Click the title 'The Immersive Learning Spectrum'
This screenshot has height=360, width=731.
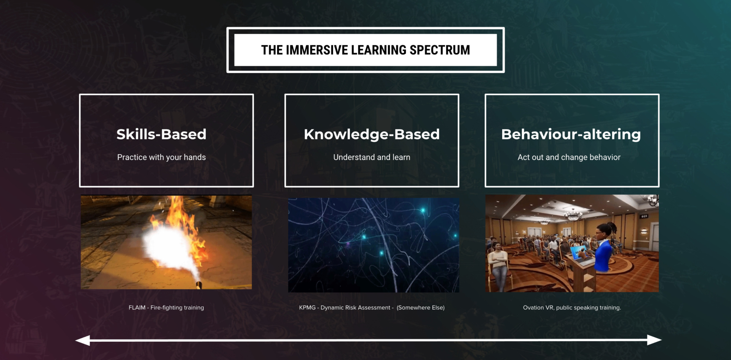365,50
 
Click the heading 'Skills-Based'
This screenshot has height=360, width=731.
161,134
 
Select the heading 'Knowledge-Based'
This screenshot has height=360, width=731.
372,134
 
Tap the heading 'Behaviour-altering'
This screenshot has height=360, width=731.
571,134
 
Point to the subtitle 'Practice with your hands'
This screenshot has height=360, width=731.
161,157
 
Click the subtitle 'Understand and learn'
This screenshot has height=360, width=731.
372,157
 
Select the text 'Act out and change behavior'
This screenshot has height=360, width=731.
569,157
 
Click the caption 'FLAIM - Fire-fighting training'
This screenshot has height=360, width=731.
166,307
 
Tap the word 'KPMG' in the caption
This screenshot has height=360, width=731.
307,307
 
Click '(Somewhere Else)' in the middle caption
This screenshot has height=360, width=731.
420,307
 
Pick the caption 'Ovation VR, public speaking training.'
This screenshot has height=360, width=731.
572,307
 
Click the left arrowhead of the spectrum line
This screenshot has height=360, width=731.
83,340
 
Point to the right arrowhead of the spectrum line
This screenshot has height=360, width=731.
654,340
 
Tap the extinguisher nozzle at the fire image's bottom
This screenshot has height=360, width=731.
198,284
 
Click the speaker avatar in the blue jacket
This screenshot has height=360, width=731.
603,247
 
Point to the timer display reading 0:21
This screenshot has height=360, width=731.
644,217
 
